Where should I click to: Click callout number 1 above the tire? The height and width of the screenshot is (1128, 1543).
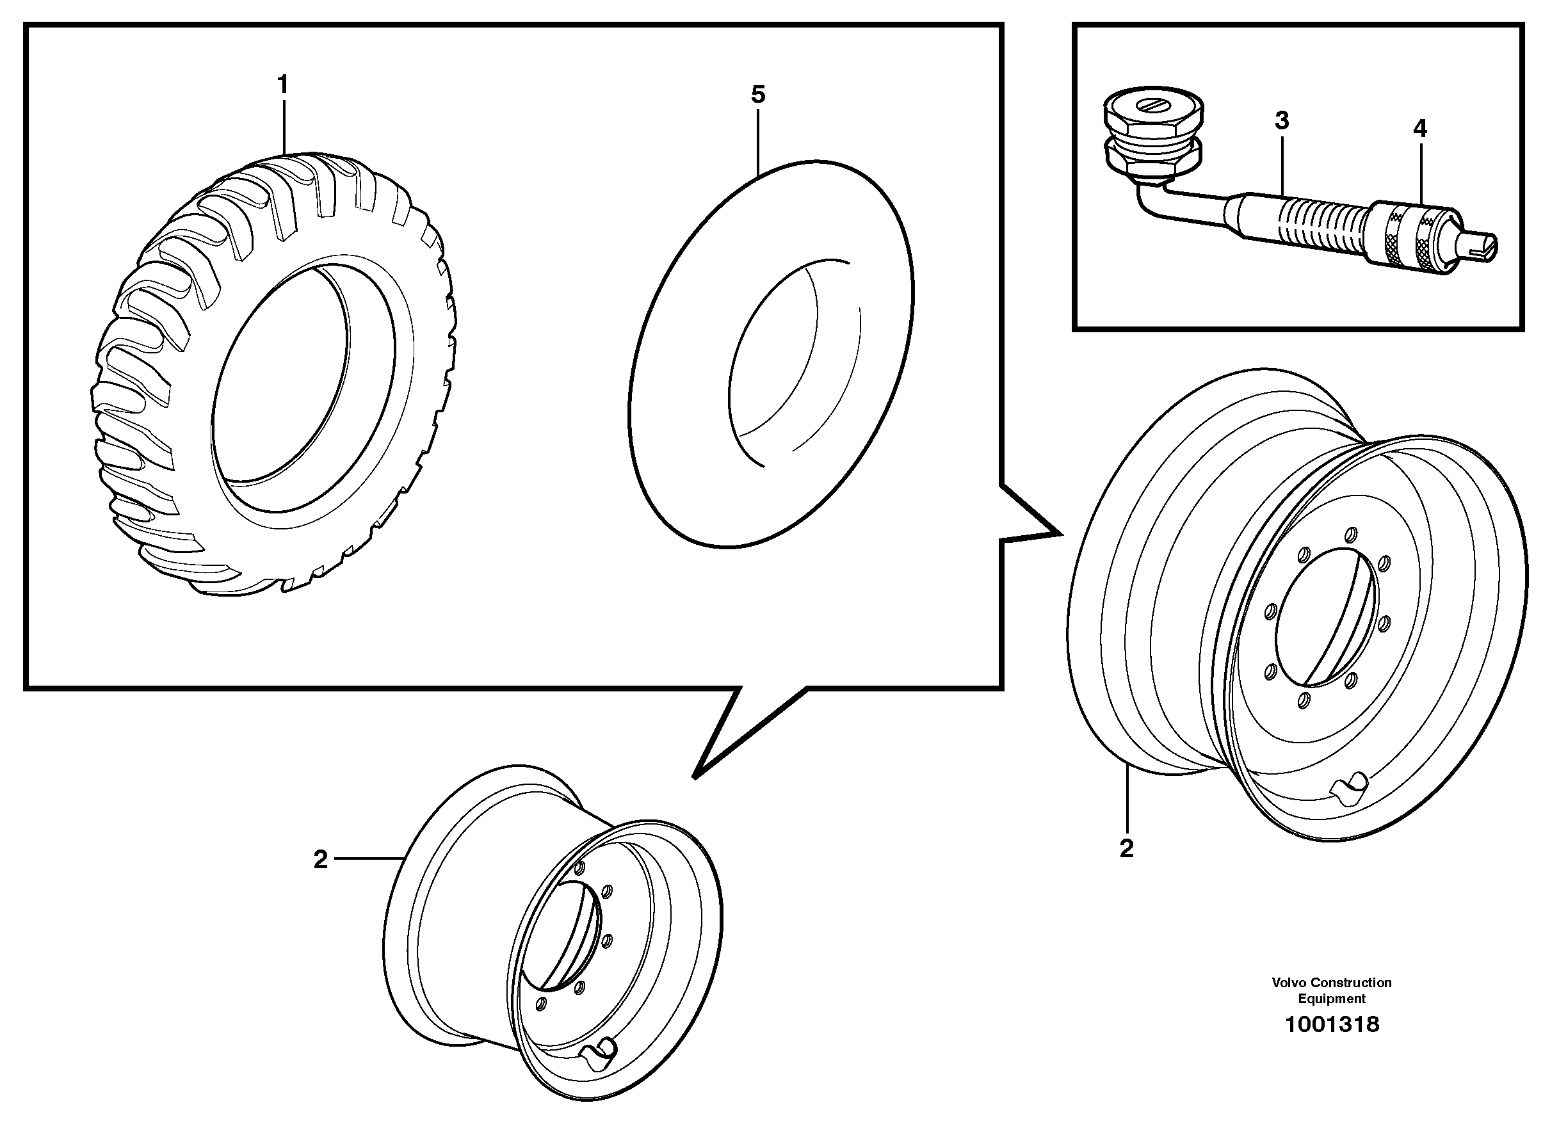point(282,85)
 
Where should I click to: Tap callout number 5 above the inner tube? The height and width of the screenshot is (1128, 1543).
point(758,95)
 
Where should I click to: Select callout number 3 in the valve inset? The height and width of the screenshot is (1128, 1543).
point(1282,121)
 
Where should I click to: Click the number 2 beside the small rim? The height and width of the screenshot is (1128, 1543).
point(320,860)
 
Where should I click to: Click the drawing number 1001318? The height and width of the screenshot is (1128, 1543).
point(1331,1025)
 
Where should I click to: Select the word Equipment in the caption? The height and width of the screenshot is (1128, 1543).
point(1331,999)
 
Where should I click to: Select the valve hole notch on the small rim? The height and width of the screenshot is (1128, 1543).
point(601,1052)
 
